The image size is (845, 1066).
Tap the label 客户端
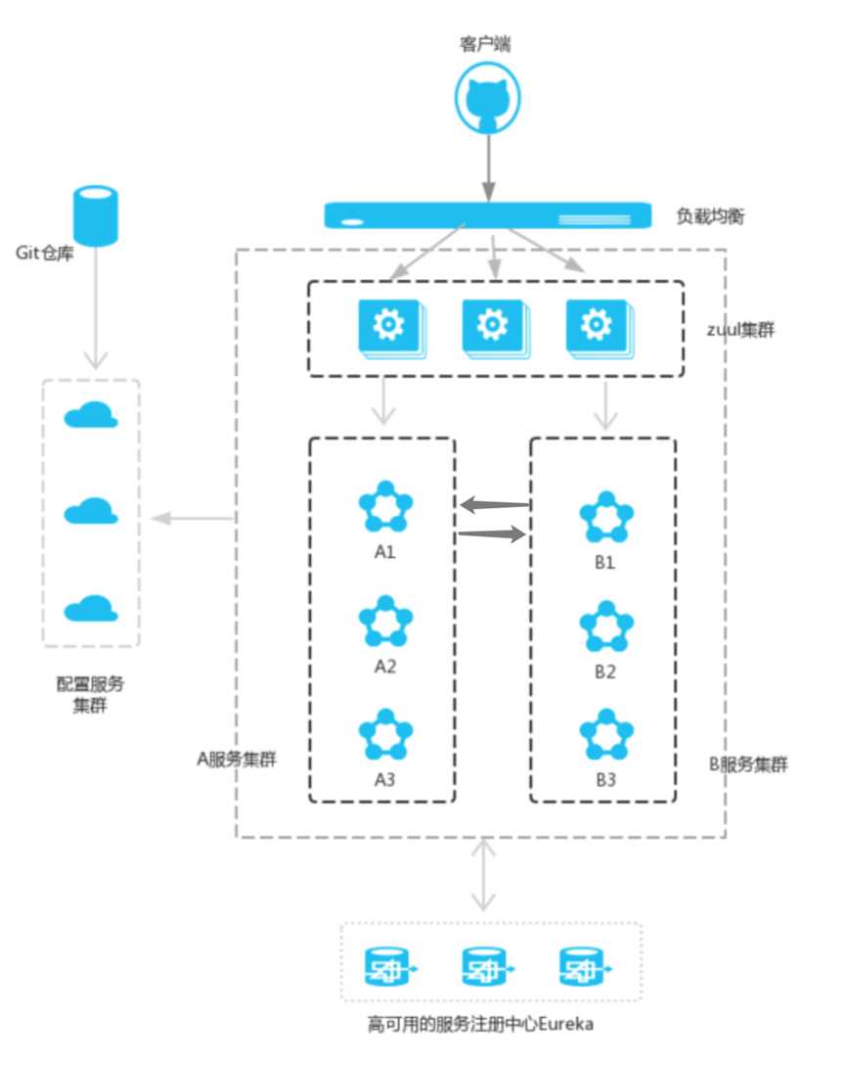click(485, 44)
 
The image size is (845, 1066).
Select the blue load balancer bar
click(487, 214)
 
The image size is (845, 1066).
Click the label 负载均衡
click(710, 216)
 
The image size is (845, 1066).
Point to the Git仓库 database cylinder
click(96, 216)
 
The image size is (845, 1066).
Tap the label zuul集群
click(741, 330)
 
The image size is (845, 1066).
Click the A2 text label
click(385, 666)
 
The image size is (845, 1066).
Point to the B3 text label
click(606, 780)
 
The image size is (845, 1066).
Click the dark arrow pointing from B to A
click(494, 505)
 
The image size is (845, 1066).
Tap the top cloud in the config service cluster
click(91, 415)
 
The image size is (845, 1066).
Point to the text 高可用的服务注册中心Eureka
click(480, 1025)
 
